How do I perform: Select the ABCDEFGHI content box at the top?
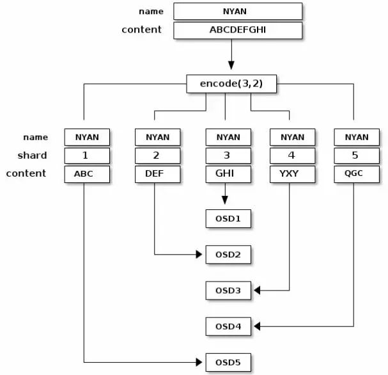[x=238, y=30]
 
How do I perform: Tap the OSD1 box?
[x=228, y=218]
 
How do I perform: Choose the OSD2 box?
[x=228, y=255]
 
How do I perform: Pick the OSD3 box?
[x=228, y=291]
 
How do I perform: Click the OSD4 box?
[x=228, y=326]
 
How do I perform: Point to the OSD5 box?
[x=228, y=362]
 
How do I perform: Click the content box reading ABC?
[x=87, y=174]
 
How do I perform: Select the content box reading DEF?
[x=158, y=174]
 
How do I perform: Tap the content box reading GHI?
[x=228, y=174]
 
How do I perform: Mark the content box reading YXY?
[x=293, y=174]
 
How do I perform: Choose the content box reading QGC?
[x=357, y=174]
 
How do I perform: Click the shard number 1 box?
[x=87, y=156]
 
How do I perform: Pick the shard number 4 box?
[x=293, y=156]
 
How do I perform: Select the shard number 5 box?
[x=357, y=156]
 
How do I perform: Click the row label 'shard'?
[x=32, y=156]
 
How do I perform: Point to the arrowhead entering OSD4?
[x=257, y=326]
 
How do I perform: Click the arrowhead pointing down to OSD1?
[x=225, y=200]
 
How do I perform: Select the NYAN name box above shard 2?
[x=158, y=137]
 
